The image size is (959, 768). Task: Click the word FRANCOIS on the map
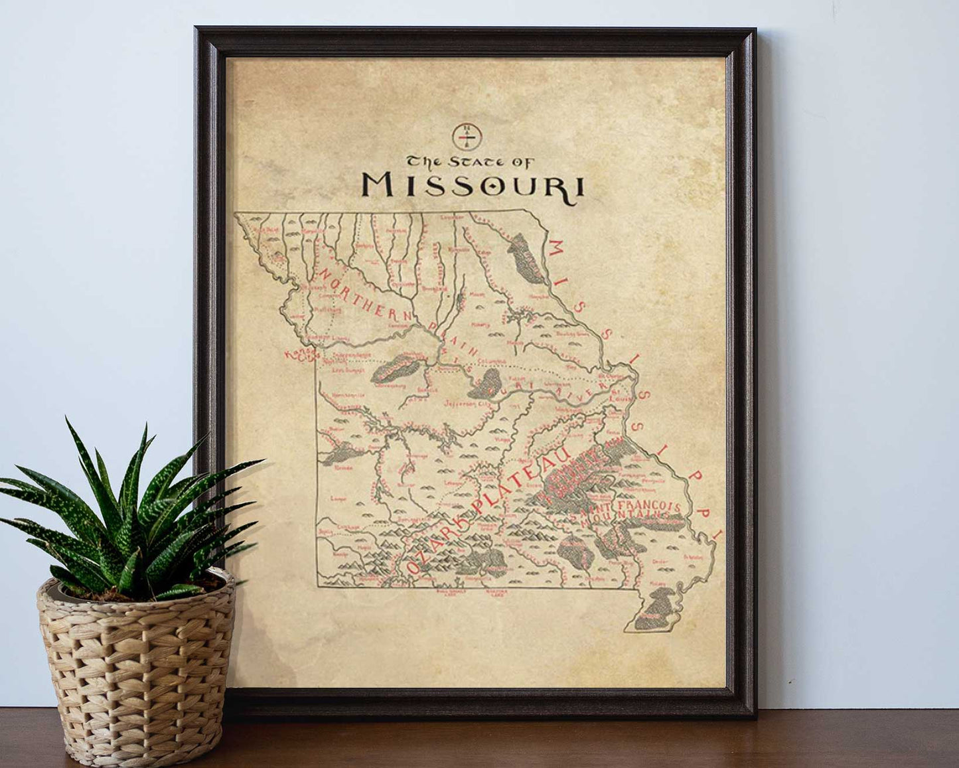tap(650, 508)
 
